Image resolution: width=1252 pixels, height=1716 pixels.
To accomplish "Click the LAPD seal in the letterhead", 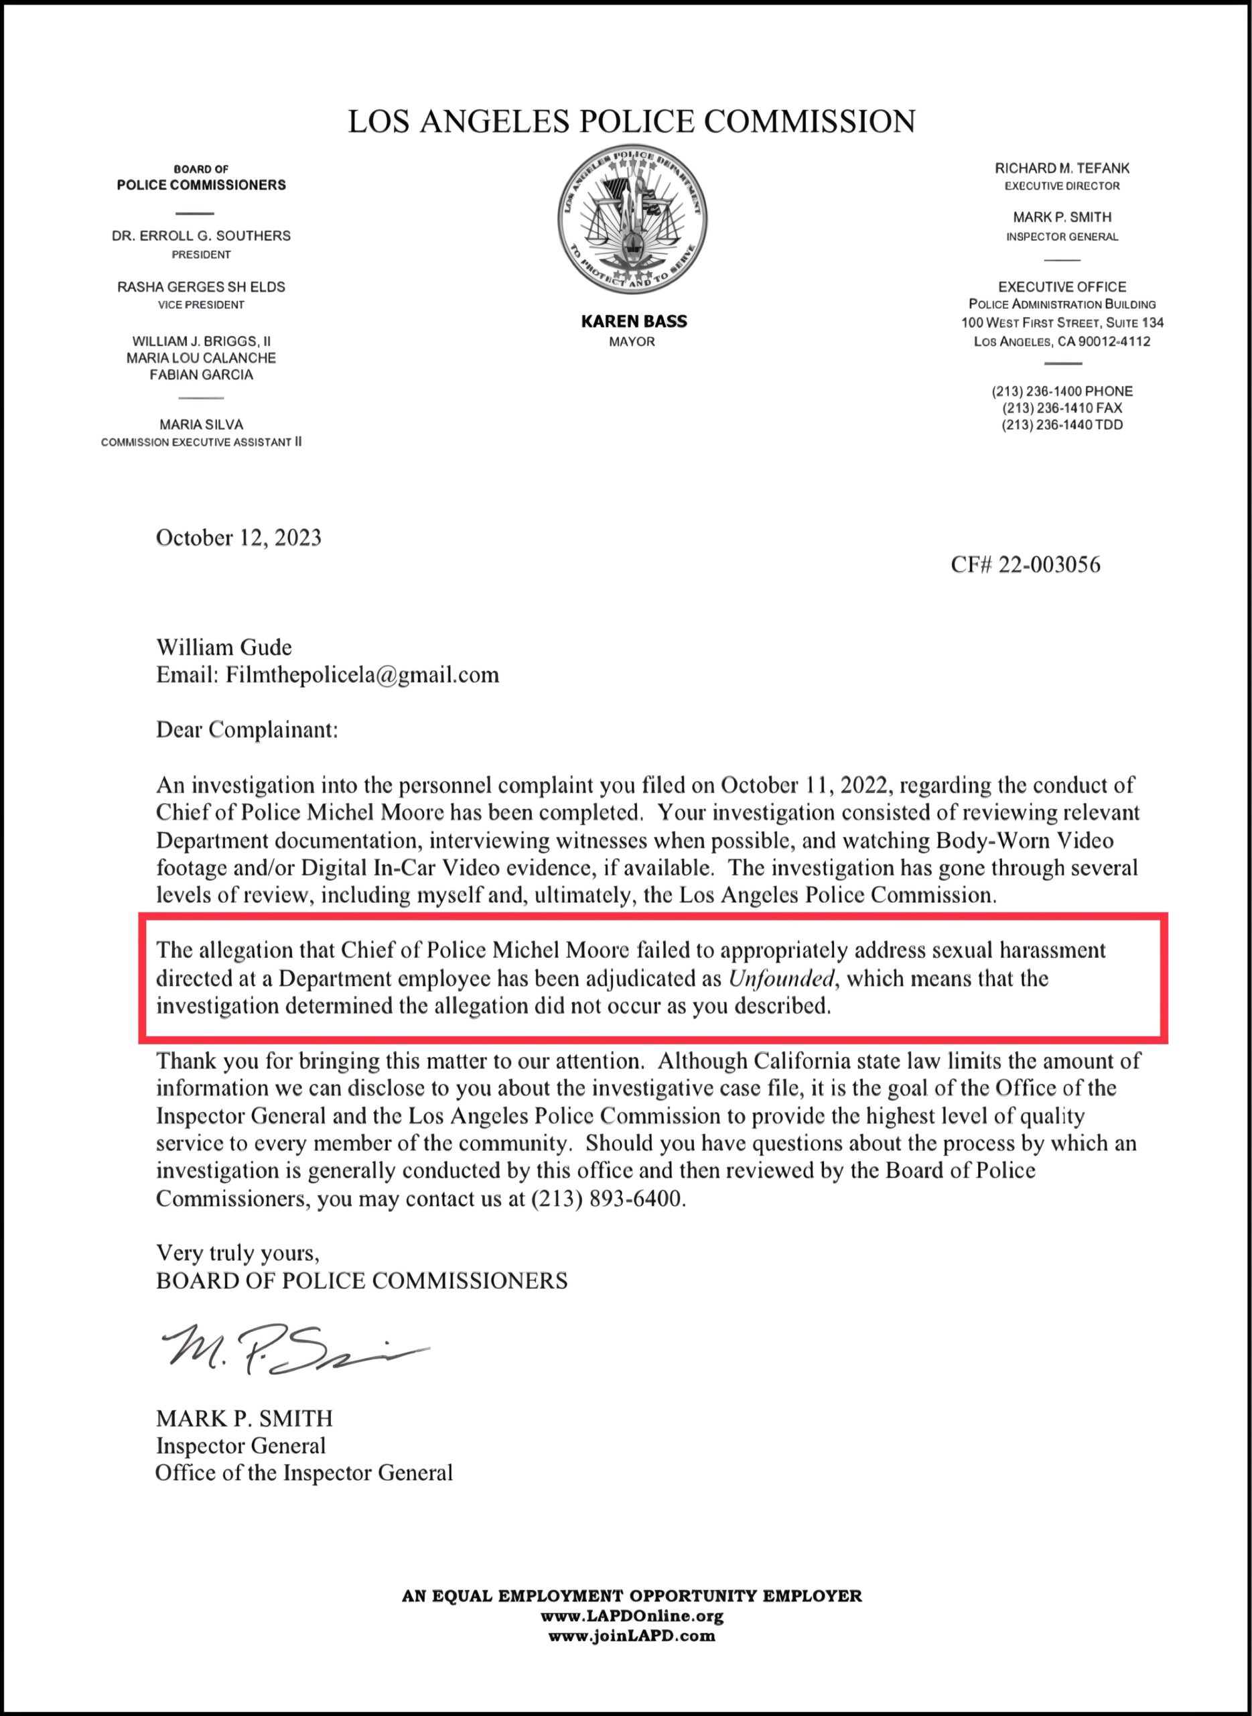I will [x=632, y=221].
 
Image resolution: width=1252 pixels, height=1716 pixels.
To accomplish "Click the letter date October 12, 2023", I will [x=238, y=538].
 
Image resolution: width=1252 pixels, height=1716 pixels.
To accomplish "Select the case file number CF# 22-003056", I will [x=1025, y=565].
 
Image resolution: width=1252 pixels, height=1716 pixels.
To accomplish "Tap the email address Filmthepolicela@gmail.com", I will [x=362, y=675].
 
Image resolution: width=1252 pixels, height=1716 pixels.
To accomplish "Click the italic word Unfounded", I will [x=780, y=979].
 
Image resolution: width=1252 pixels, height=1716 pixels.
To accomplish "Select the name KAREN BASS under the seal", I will [x=634, y=322].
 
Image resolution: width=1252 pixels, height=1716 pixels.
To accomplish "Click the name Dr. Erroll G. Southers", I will [x=201, y=236].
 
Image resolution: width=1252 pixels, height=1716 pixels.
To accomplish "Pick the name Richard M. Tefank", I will [x=1062, y=168].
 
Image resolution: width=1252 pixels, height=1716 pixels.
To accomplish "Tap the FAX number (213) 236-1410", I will [x=1062, y=408].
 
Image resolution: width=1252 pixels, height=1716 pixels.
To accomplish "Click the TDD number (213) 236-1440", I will [x=1062, y=424].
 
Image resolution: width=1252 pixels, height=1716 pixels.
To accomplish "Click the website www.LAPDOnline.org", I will [x=632, y=1616].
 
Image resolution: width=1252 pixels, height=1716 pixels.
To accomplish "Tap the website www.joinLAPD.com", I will [x=632, y=1636].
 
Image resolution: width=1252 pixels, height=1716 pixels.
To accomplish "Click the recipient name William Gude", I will [x=224, y=648].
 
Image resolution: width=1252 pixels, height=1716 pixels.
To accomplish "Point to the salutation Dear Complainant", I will [x=247, y=729].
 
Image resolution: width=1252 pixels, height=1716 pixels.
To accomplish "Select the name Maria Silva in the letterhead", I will [x=201, y=424].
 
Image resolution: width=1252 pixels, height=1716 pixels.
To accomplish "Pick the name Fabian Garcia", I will [x=201, y=375].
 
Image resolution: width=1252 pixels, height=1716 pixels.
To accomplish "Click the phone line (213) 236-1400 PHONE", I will [x=1062, y=391].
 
